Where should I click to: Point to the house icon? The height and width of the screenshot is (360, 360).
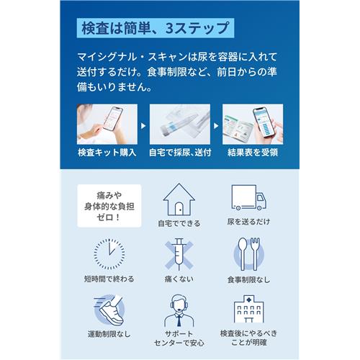pos(179,199)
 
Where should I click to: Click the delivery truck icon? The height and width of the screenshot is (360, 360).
pos(250,199)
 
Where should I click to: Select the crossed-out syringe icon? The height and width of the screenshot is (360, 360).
pos(179,253)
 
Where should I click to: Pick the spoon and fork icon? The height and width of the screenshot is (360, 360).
pos(250,253)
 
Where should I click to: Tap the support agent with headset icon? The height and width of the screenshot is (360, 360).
pos(179,310)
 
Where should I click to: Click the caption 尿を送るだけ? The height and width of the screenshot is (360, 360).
pos(250,223)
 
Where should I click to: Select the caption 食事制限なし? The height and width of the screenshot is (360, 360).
pos(250,279)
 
